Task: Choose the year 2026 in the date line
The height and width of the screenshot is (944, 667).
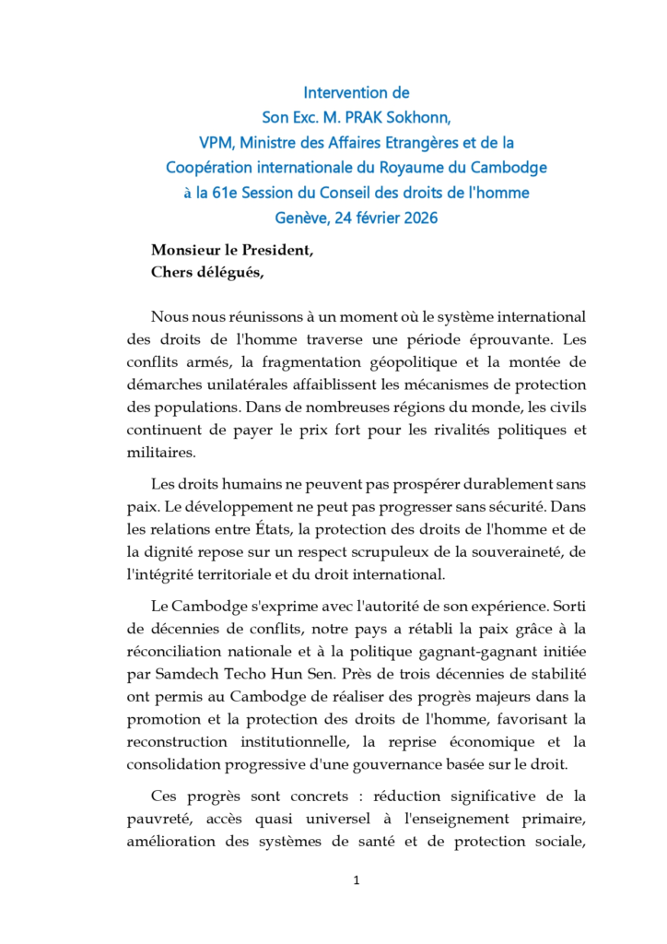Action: tap(418, 218)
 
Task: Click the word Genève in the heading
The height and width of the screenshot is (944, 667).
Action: tap(300, 218)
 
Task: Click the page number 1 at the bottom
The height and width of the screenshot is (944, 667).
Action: tap(357, 880)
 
